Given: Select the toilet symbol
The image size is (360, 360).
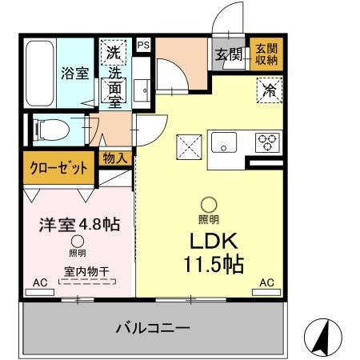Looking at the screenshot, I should [x=50, y=128].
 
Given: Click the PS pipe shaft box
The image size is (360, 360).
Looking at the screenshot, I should [x=143, y=46].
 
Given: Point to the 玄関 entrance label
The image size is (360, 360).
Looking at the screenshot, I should [x=227, y=54].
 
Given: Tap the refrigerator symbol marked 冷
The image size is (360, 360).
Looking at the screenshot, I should [x=270, y=90].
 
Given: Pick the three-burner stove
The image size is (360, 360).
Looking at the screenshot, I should [x=266, y=142].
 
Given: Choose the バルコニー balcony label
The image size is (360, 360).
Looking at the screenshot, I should [x=151, y=328].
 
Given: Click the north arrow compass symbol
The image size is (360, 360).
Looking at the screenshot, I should [x=321, y=338].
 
